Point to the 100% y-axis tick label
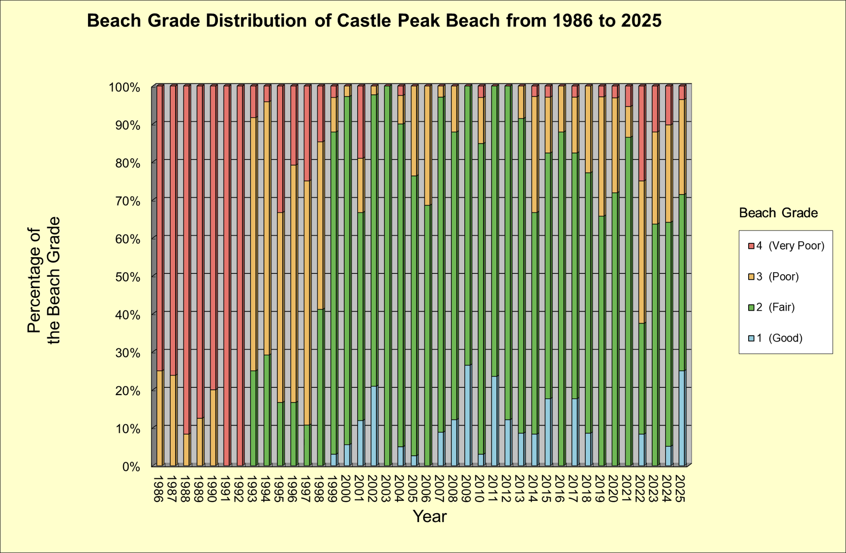(124, 87)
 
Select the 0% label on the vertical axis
(131, 466)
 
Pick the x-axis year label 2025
(681, 489)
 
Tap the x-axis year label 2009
(467, 489)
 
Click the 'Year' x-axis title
(429, 517)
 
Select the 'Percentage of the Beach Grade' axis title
(44, 280)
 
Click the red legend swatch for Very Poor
(751, 246)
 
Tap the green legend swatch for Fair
(751, 308)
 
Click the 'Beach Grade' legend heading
(778, 213)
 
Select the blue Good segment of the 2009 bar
(467, 415)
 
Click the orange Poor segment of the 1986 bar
(159, 418)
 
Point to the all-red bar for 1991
(226, 275)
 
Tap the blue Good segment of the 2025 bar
(681, 418)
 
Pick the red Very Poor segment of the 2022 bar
(641, 133)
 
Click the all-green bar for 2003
(387, 275)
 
